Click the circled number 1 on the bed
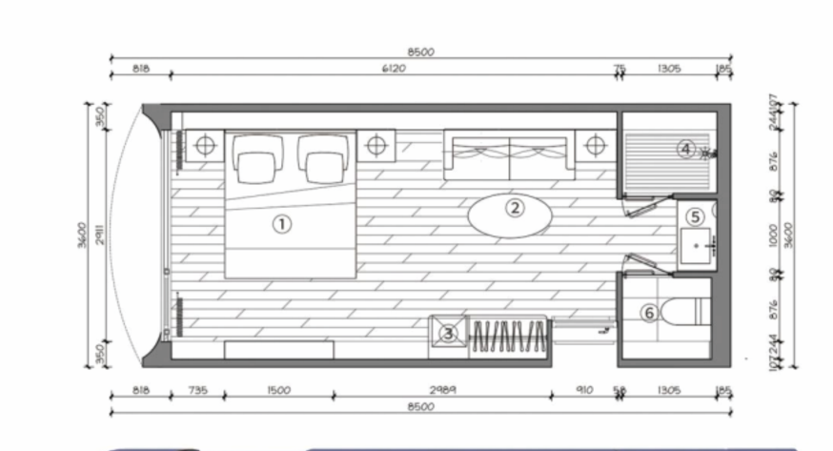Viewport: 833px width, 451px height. pos(281,224)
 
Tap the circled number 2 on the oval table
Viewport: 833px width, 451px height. pos(514,207)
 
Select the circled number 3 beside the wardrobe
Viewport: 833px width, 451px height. pos(449,333)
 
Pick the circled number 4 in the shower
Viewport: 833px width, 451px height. pos(685,148)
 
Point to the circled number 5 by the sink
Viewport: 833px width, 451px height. pos(695,217)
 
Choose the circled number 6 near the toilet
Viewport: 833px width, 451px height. pos(648,312)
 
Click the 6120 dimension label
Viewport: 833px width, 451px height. pos(393,69)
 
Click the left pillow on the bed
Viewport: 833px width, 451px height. pos(254,160)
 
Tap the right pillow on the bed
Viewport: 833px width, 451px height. pos(321,160)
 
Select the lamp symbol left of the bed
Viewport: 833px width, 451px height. pos(202,145)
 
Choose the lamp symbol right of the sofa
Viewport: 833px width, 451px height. pos(596,145)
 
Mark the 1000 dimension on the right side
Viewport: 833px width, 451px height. pos(774,235)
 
